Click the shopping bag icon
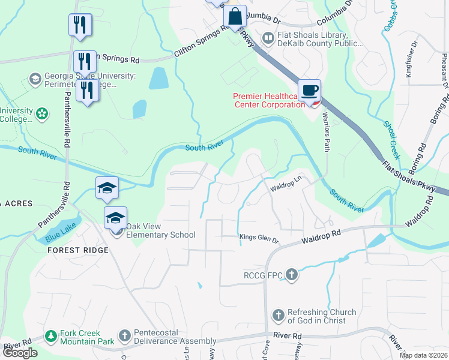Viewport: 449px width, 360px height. pos(235,16)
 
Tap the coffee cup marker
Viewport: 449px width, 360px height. pos(309,91)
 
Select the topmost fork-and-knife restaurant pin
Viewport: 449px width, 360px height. pos(80,25)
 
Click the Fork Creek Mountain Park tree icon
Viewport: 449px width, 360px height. pos(52,335)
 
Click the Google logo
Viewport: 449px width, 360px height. pos(19,353)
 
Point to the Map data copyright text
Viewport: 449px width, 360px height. pos(423,355)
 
